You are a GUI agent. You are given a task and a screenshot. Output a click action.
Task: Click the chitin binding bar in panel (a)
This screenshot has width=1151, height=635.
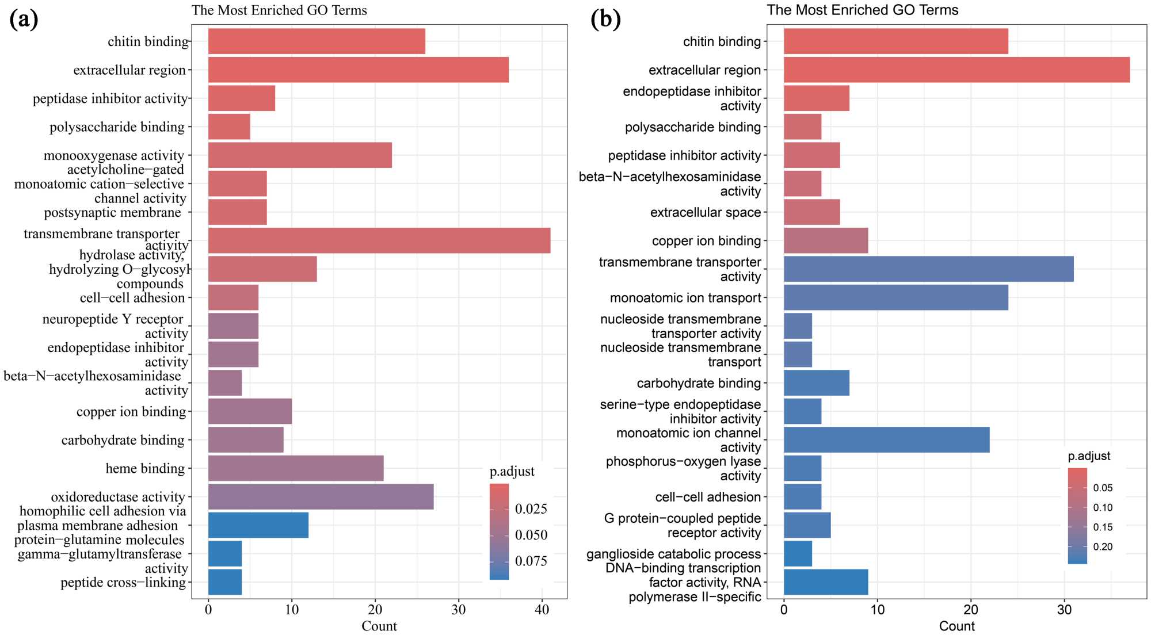click(317, 41)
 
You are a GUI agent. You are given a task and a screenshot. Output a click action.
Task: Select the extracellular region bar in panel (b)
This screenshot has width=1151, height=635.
click(956, 70)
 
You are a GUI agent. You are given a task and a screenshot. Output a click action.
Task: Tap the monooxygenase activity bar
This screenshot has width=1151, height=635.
click(300, 155)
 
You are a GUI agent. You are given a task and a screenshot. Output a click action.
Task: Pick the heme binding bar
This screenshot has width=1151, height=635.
click(296, 468)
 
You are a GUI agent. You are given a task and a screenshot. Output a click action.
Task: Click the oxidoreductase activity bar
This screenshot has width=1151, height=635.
click(321, 497)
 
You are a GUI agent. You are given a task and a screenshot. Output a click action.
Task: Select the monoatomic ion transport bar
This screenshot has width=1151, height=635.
click(895, 298)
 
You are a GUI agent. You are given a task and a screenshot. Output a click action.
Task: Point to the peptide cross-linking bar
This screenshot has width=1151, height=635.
click(225, 582)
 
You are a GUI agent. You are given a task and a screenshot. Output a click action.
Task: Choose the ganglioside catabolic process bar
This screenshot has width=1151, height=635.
click(798, 554)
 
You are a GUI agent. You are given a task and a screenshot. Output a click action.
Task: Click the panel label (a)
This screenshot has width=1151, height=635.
click(24, 20)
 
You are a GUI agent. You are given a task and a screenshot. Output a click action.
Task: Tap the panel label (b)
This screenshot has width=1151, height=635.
click(606, 20)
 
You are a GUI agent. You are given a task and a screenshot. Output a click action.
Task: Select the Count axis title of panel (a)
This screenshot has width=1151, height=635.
click(379, 626)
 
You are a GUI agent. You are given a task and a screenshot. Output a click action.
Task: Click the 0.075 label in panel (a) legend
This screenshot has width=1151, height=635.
click(531, 561)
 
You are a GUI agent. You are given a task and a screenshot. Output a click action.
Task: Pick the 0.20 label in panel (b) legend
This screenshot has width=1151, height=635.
click(1103, 547)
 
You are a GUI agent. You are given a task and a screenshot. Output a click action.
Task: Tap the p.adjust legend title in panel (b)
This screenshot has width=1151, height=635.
click(1089, 456)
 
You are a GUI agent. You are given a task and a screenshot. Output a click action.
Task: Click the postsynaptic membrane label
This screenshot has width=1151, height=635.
click(113, 213)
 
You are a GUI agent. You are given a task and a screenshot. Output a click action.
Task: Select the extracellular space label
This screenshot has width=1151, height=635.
click(706, 213)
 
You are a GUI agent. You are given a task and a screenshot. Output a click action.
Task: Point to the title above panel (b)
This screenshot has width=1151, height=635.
click(862, 10)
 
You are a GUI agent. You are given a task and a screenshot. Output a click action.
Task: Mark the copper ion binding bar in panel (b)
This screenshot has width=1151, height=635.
click(826, 241)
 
